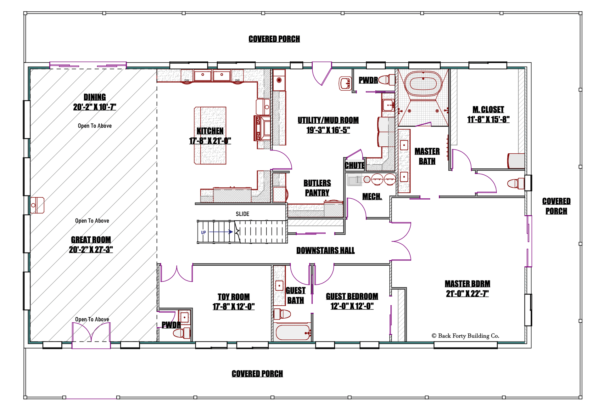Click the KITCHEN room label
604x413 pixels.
[210, 131]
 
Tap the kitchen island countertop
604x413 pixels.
[210, 135]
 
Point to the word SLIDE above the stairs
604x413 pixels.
[242, 214]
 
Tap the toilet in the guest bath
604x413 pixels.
[282, 314]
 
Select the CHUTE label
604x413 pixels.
[355, 165]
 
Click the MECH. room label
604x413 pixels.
[372, 197]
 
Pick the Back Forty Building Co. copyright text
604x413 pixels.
[465, 336]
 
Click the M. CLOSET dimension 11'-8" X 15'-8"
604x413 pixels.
[488, 120]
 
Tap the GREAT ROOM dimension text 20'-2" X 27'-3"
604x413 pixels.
[91, 250]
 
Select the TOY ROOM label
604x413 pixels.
[233, 297]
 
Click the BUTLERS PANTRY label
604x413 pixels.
[317, 188]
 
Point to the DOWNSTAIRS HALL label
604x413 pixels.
[325, 251]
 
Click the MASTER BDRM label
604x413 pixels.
[467, 284]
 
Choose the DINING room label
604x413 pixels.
[95, 97]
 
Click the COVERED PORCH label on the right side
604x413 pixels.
[556, 206]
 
